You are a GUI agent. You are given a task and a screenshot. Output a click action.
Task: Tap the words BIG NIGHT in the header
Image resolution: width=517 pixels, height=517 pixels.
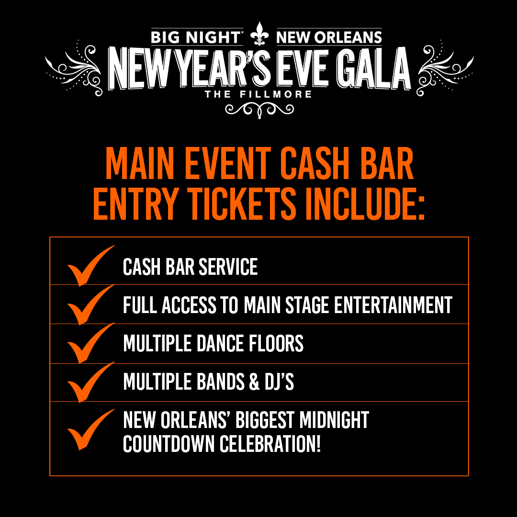click(196, 37)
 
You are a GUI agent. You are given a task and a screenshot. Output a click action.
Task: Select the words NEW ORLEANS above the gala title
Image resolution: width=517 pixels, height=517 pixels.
click(329, 37)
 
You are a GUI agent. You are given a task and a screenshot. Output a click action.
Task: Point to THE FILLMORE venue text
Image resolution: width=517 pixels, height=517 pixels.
click(258, 94)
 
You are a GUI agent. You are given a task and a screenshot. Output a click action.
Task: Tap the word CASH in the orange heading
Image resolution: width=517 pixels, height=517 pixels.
click(316, 164)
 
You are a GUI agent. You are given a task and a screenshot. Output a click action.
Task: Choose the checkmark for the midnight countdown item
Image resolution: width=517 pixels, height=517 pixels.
click(89, 430)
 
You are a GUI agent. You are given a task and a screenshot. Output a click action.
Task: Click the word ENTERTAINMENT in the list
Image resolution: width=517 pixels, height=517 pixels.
click(393, 305)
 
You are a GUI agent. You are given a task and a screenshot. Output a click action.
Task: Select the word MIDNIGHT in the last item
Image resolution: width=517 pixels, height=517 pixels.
click(334, 420)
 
